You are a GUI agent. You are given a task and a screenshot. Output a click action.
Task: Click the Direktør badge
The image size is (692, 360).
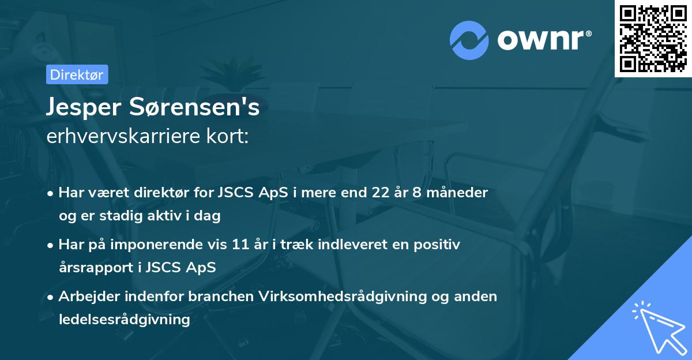77,74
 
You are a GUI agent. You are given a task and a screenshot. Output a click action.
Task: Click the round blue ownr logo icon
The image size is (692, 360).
469,40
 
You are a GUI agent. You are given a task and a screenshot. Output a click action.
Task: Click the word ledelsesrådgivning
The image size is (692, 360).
124,319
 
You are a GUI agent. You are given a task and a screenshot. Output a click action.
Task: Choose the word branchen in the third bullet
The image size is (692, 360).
224,297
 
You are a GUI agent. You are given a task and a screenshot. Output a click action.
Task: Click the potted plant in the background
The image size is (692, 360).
243,70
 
